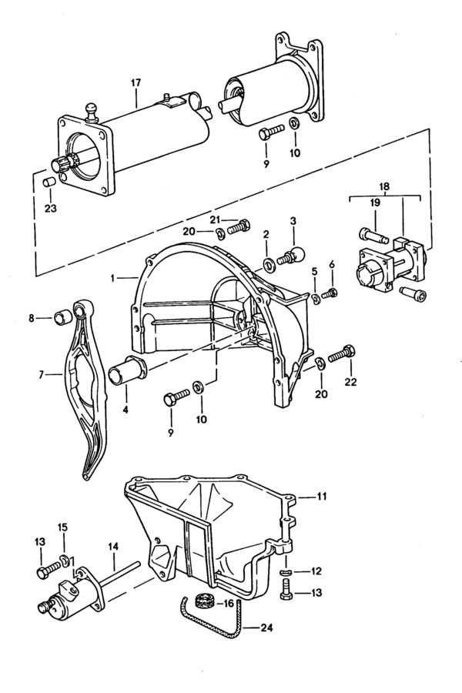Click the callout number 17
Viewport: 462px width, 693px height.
pos(136,82)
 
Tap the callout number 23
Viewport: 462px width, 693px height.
pos(51,208)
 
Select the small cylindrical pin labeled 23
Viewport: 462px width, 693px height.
pos(49,182)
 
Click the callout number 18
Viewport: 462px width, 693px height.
pos(385,186)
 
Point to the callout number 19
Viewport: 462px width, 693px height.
pos(375,203)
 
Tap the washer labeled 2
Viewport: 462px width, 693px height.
pos(268,265)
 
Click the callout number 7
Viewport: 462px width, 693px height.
pos(41,375)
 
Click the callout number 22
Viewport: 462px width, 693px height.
pos(350,381)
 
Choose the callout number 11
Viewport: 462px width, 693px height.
pos(321,497)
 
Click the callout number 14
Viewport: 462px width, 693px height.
pos(113,547)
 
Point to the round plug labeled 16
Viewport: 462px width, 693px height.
pos(204,601)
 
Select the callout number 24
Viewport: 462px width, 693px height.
pos(266,628)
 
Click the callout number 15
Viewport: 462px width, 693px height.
pos(63,527)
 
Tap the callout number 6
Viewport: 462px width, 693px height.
pos(332,265)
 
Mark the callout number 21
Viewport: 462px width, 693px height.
pos(216,219)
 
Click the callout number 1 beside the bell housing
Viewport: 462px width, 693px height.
pos(112,278)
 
